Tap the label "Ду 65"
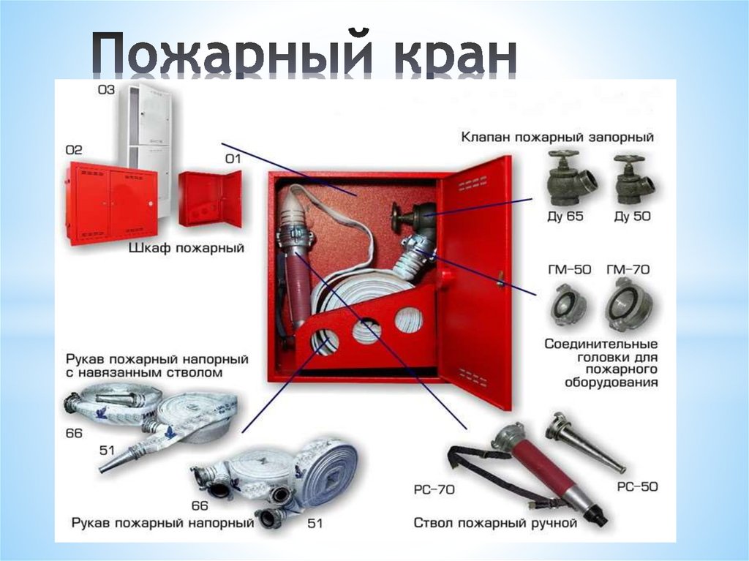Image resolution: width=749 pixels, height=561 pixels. coord(565,217)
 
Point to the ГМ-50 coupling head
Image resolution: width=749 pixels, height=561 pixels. coord(568,304)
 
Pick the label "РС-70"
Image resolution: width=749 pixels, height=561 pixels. coord(434,490)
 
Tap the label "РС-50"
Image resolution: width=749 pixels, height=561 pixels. coord(637,487)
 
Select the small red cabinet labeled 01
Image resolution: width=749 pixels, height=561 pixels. coord(210,199)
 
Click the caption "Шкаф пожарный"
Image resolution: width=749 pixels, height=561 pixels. coord(187,249)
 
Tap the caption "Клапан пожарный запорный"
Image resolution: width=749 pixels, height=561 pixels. coord(557,138)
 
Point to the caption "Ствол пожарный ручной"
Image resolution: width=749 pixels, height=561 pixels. coord(495,523)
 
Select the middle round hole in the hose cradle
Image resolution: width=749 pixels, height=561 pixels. coord(366,331)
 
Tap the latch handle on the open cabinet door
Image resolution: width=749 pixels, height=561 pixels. coord(500,279)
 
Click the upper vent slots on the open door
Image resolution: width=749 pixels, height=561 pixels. coord(473,184)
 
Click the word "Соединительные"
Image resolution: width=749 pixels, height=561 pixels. coord(601,344)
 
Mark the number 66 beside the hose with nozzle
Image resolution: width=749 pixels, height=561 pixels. coord(74,434)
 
